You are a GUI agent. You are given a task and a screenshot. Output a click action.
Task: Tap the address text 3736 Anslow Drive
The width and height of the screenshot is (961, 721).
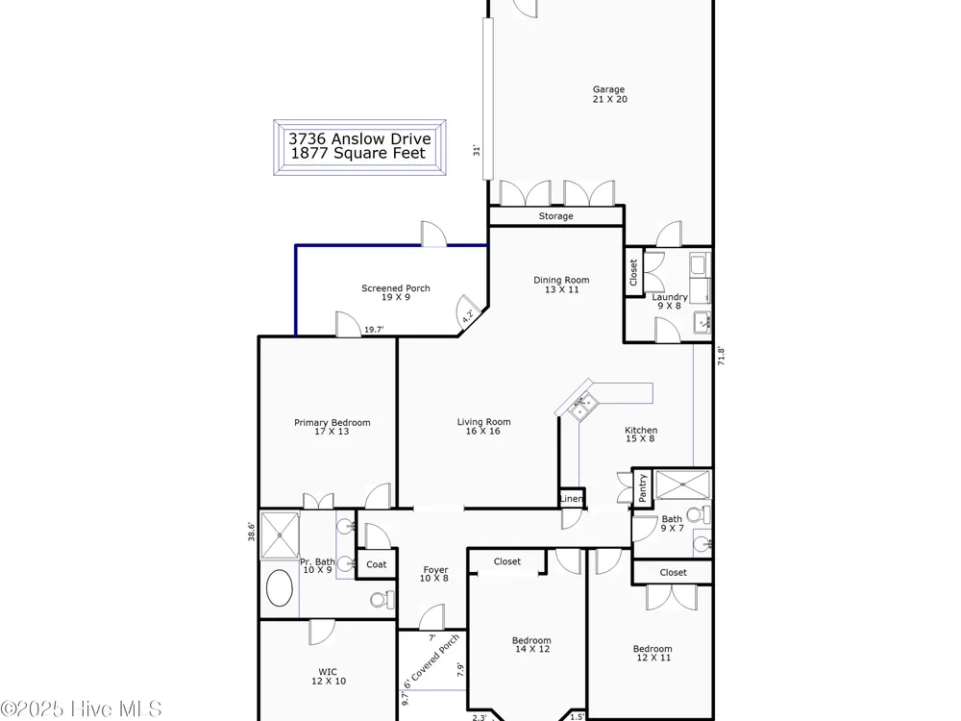359,139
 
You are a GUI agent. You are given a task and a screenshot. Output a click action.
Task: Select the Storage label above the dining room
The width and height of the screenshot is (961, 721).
555,215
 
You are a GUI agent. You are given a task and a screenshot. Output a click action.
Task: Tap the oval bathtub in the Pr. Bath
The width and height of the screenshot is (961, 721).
279,588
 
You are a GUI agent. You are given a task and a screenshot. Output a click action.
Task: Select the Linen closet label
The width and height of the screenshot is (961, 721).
571,498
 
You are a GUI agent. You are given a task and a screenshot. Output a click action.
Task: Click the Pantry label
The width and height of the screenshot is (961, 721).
642,487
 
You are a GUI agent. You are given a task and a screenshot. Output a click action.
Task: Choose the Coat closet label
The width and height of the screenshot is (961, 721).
377,564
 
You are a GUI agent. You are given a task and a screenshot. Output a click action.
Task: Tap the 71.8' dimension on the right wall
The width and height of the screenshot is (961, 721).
721,357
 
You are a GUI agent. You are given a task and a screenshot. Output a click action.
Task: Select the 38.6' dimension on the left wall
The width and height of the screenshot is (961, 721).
251,531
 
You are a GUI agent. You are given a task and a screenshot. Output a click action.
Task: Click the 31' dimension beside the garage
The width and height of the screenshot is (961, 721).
477,150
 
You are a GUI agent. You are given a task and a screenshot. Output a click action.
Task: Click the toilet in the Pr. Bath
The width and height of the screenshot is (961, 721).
382,599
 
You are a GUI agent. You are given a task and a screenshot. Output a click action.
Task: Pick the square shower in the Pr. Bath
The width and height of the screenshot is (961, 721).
280,535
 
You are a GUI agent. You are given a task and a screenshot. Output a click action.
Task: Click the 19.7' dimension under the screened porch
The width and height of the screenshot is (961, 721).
374,330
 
